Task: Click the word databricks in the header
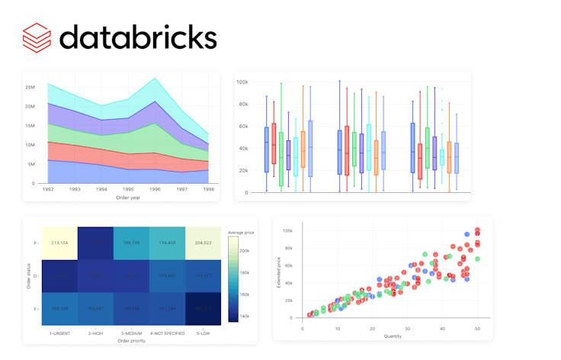138,36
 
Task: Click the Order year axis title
127,198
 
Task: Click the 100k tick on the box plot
242,82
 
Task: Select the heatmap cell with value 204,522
201,242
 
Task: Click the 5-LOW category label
201,333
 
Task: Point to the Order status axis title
27,275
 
